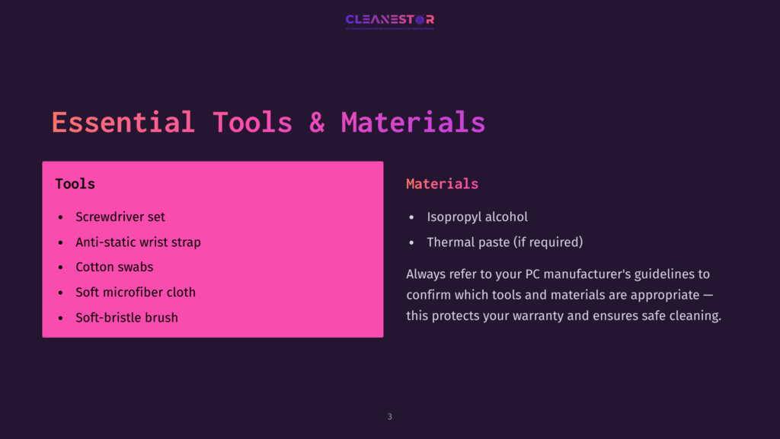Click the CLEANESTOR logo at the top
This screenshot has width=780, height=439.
click(389, 21)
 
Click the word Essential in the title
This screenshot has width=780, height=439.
click(123, 123)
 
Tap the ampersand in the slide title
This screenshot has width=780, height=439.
click(317, 123)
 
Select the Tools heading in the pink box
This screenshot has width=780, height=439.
click(75, 184)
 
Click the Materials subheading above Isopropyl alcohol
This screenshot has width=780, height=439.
click(442, 184)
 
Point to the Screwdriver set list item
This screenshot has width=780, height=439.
click(120, 216)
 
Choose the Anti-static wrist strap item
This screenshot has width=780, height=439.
click(138, 242)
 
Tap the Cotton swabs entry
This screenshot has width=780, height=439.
click(114, 267)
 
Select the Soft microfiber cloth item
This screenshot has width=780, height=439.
click(136, 292)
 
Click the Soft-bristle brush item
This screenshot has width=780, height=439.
click(126, 317)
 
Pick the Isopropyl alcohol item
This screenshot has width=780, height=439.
click(477, 216)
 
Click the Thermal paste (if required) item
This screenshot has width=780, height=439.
click(504, 242)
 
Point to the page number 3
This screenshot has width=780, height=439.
click(390, 417)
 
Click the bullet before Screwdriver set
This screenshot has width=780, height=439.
click(61, 217)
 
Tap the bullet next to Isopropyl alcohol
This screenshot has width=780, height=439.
click(412, 217)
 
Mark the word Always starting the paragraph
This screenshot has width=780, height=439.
click(427, 273)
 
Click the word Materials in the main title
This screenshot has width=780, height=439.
click(413, 123)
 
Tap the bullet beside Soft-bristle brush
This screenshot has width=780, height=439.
click(61, 318)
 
